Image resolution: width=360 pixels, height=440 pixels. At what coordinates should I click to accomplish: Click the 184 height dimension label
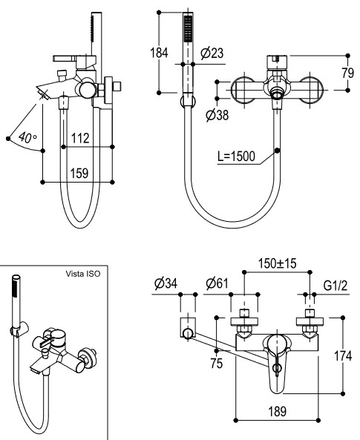[159, 53]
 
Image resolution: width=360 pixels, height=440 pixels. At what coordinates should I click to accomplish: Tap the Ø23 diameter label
[212, 53]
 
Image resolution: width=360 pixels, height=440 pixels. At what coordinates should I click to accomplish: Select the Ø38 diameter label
[217, 115]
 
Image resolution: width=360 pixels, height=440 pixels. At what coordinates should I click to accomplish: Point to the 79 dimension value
[348, 73]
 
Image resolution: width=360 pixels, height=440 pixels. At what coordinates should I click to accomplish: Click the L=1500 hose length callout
[237, 157]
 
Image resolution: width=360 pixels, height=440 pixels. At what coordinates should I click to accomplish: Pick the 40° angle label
[27, 137]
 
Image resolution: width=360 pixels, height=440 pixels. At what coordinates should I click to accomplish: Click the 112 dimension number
[80, 138]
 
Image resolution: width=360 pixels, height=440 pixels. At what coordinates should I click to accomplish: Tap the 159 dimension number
[79, 173]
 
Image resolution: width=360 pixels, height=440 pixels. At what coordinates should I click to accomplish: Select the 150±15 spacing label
[277, 263]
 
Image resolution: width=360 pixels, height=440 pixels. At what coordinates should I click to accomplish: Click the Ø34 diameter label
[166, 283]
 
